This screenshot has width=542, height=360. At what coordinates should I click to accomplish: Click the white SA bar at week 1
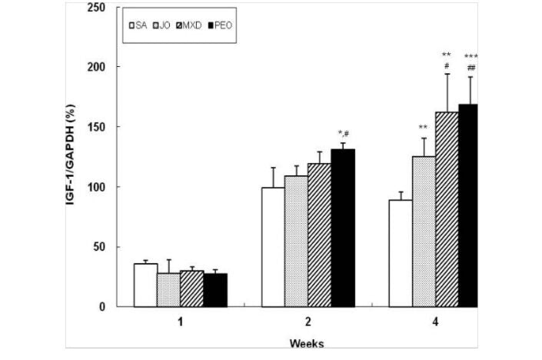point(145,285)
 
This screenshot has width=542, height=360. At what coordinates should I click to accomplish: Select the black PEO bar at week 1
point(215,290)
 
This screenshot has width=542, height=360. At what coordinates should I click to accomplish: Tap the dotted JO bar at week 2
point(296,242)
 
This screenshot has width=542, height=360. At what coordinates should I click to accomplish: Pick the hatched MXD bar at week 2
point(319,235)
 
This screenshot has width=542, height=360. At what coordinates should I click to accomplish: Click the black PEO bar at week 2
point(343,228)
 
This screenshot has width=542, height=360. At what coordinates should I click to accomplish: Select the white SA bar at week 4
point(401,254)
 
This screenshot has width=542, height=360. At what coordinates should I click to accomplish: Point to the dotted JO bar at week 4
point(424,232)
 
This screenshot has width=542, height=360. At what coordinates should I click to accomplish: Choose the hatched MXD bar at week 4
point(447,209)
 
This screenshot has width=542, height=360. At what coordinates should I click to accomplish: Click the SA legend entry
point(138,25)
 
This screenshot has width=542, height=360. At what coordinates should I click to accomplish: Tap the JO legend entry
point(161,25)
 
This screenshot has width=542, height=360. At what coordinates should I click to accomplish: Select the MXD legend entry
point(188,25)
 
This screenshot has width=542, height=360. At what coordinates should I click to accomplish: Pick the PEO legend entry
point(220,25)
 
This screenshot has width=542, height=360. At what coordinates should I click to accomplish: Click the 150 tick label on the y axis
point(97,127)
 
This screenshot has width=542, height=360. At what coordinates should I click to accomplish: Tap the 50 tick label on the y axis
point(99,247)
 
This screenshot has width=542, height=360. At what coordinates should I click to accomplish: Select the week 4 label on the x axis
point(435,322)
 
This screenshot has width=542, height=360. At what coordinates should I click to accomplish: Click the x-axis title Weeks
point(307,344)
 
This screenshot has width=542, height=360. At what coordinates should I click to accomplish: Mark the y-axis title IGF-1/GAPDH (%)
point(71,155)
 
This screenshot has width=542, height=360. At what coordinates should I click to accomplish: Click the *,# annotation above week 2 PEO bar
point(343,134)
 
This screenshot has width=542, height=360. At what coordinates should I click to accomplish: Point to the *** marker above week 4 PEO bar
point(471,56)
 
